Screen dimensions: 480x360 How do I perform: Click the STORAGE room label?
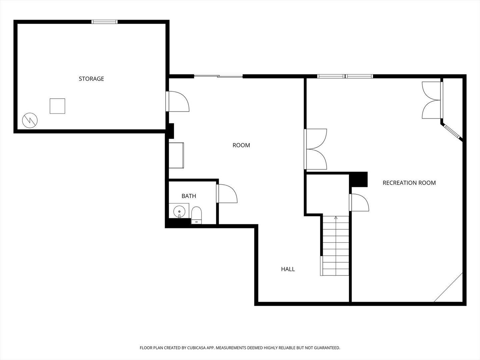click(91, 79)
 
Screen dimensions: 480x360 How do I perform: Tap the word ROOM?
click(241, 145)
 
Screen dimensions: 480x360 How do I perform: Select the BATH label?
click(189, 196)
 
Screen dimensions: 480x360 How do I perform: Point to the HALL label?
click(288, 269)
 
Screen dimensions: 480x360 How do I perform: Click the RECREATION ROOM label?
click(409, 183)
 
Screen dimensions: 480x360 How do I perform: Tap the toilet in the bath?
click(196, 215)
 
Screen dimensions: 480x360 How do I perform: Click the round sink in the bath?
click(179, 212)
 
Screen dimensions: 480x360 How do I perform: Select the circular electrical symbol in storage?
click(30, 120)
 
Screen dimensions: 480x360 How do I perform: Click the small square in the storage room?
click(57, 106)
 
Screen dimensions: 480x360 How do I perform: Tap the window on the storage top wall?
click(104, 22)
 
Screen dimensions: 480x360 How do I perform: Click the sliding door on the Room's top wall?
click(218, 76)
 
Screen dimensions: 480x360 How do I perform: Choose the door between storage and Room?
click(177, 101)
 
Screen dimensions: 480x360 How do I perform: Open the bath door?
click(227, 194)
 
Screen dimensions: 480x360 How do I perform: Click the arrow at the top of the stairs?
click(336, 218)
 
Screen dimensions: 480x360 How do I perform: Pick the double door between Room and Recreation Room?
click(315, 149)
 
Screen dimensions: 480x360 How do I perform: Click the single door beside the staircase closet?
click(359, 202)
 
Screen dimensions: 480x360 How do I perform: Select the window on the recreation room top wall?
click(345, 76)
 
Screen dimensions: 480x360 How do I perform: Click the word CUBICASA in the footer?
click(197, 348)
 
